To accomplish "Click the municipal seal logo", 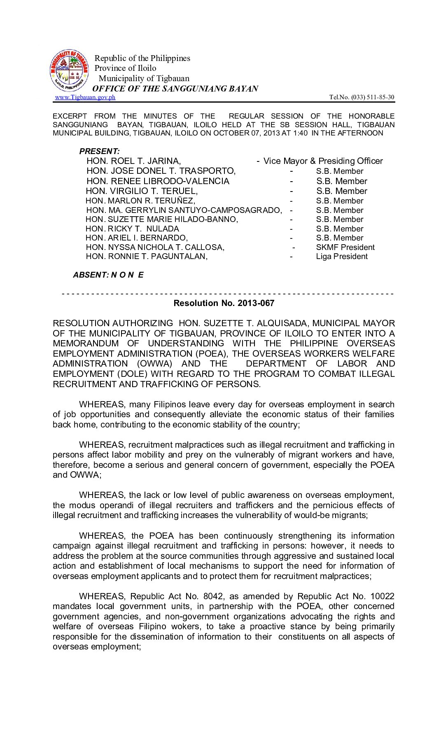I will click(69, 71).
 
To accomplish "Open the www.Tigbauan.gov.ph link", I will click(85, 97).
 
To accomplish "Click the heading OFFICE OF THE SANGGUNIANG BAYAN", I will click(175, 89).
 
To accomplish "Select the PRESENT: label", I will click(99, 151).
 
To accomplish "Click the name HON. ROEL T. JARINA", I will click(133, 161).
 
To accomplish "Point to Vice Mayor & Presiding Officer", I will click(323, 161).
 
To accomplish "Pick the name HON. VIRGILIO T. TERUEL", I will click(142, 191).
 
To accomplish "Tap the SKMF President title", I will click(345, 248).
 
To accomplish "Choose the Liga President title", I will click(342, 257).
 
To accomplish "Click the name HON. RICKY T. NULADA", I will click(132, 229).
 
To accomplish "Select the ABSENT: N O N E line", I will click(108, 275).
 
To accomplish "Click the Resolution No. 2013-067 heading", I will click(224, 303).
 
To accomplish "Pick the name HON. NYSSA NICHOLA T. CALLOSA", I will click(155, 248).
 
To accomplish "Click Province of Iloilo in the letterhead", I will click(125, 68).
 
